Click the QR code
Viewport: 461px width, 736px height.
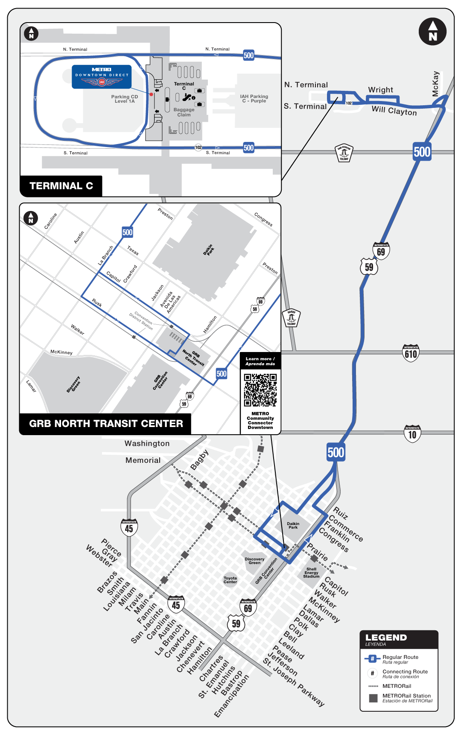[260, 390]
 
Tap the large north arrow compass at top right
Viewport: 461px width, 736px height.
[432, 32]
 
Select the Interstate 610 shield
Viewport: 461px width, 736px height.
[411, 353]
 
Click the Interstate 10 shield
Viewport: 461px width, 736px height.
[412, 434]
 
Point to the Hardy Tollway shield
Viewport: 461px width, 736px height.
[292, 318]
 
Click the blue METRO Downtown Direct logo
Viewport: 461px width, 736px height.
[102, 77]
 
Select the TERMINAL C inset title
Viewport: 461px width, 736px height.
[61, 186]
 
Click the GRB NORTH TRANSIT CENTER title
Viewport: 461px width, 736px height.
[106, 424]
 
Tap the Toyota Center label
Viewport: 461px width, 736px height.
[230, 580]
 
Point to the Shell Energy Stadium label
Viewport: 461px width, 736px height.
[311, 573]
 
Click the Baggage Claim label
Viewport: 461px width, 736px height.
[184, 112]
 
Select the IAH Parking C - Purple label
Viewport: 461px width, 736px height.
[254, 98]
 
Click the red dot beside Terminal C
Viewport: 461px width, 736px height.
[151, 94]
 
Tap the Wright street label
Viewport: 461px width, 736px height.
[380, 90]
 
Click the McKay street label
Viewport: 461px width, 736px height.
[435, 84]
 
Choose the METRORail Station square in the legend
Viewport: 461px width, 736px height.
[373, 698]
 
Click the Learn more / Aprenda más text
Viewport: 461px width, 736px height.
[260, 361]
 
